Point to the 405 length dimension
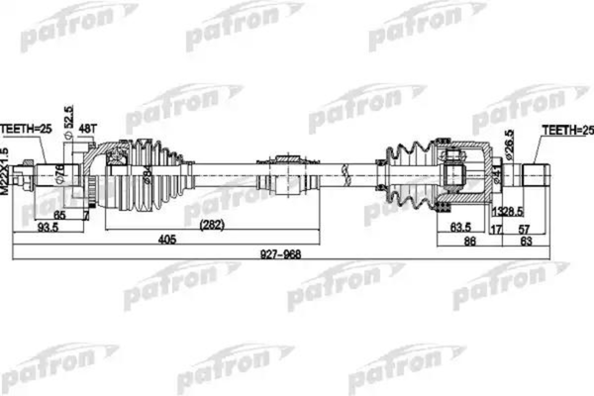165,239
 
